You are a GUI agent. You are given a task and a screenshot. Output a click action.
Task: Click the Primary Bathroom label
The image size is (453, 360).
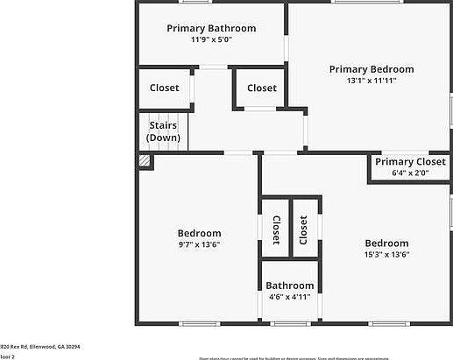(x=211, y=28)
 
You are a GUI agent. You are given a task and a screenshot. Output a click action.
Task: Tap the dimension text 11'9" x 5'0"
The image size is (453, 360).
(x=211, y=40)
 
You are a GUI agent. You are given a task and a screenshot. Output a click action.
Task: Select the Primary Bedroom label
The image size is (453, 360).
(x=372, y=69)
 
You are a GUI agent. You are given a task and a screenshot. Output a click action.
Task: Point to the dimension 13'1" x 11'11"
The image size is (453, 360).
(x=372, y=81)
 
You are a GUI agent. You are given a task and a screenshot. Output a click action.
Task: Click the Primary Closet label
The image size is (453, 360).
(x=410, y=162)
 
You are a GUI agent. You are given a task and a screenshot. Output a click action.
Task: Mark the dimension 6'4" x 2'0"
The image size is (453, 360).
(x=410, y=173)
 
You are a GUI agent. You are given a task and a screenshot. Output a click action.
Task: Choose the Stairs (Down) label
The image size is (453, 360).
(x=163, y=132)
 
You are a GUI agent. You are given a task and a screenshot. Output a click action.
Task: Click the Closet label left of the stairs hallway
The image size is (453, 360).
(x=164, y=88)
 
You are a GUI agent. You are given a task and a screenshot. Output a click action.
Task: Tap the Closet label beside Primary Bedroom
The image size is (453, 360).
(x=261, y=88)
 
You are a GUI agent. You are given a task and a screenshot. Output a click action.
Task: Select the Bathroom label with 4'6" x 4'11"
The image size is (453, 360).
(x=289, y=286)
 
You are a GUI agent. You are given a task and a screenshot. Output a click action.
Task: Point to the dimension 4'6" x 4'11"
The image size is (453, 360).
(x=289, y=297)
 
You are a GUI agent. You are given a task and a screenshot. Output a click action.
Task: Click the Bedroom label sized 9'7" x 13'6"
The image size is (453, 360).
(x=199, y=233)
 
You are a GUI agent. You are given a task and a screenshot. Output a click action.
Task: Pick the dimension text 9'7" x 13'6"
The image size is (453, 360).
(x=199, y=245)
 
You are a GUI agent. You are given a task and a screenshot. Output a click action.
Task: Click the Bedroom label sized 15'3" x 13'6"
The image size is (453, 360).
(x=386, y=243)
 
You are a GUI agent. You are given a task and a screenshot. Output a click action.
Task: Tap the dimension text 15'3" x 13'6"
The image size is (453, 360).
(x=386, y=255)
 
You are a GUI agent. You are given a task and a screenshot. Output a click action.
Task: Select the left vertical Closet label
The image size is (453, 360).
(x=275, y=229)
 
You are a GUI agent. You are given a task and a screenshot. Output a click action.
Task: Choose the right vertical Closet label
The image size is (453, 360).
(x=303, y=229)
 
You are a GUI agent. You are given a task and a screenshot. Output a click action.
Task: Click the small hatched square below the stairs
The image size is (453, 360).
(x=145, y=161)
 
